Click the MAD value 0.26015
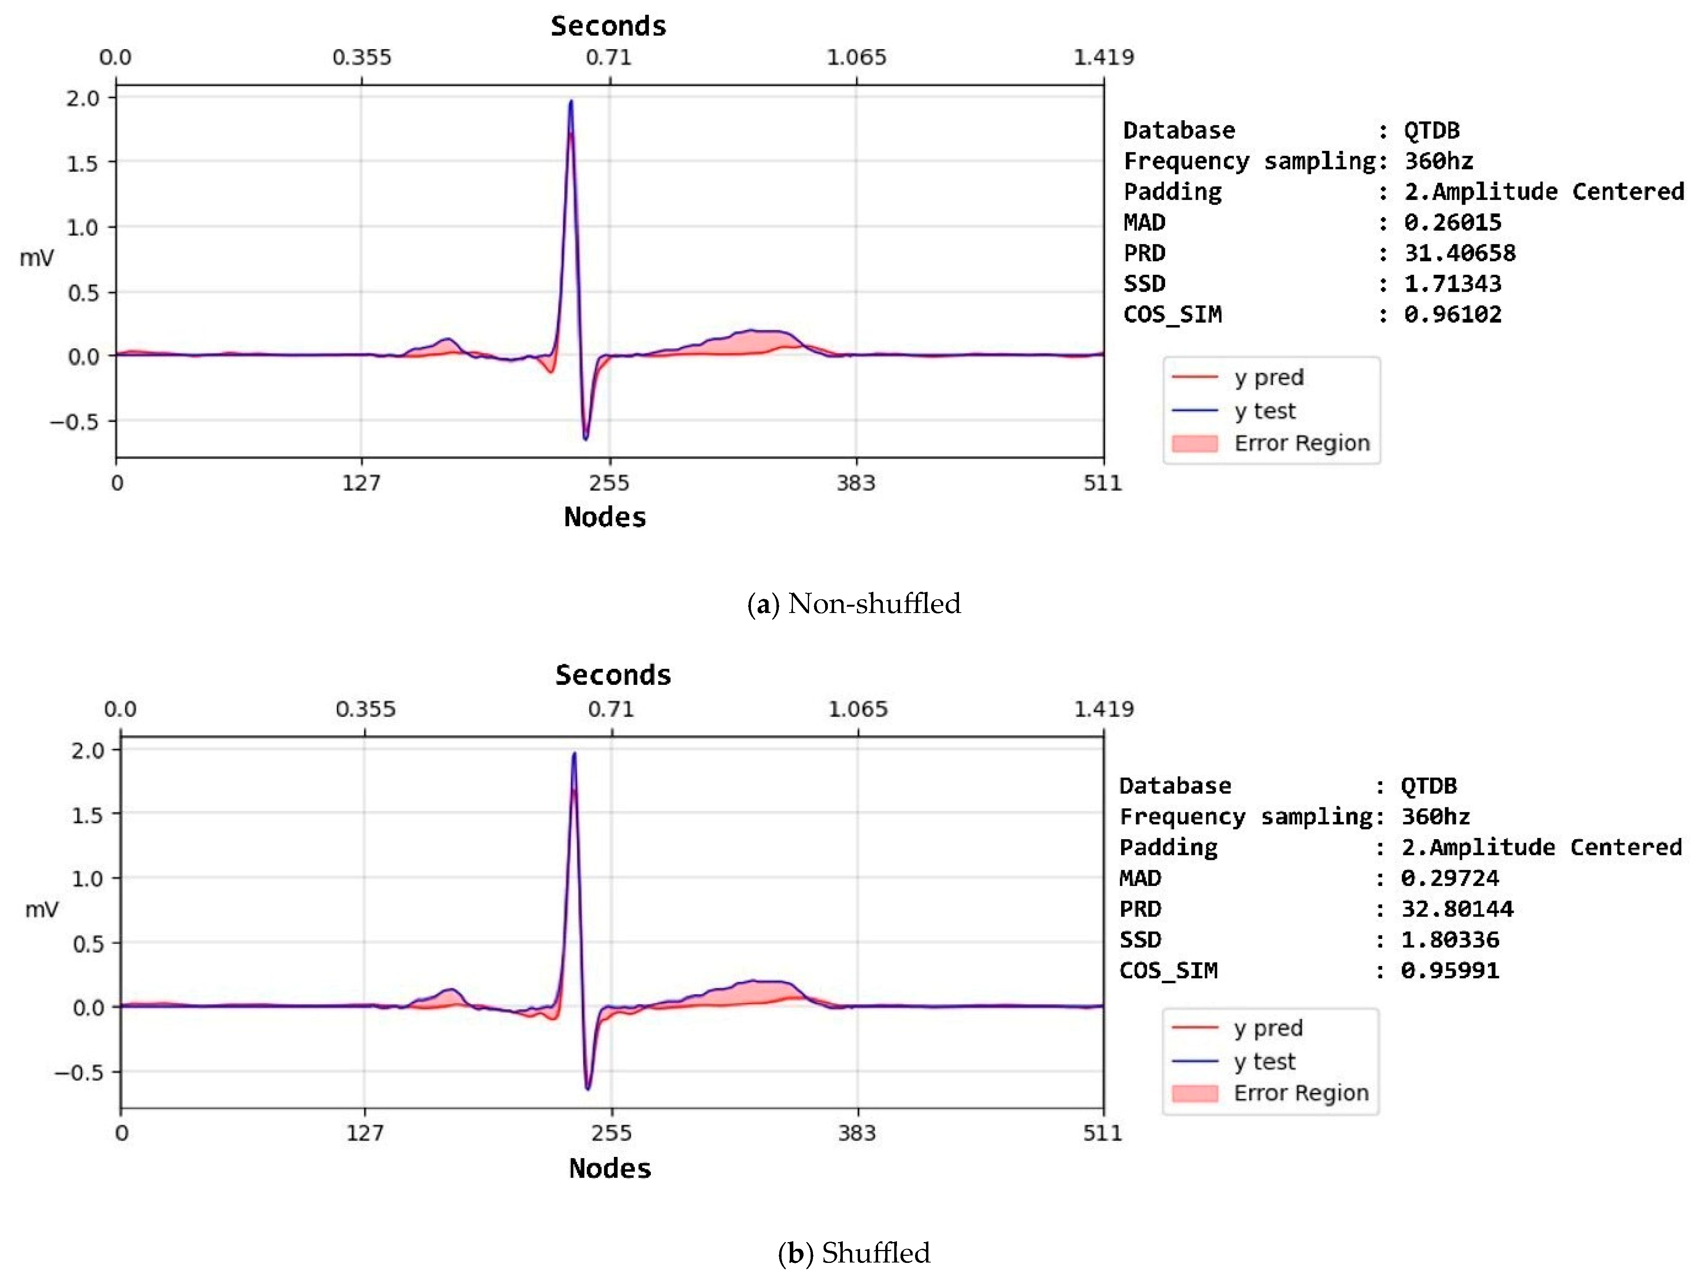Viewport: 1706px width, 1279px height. coord(1452,223)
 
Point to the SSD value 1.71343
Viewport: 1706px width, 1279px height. coord(1452,284)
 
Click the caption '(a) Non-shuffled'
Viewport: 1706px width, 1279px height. coord(854,603)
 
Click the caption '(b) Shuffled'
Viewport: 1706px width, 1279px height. coord(854,1253)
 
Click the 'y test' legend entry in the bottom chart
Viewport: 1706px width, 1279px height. coord(1265,1061)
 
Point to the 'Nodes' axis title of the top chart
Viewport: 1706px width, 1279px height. coord(605,517)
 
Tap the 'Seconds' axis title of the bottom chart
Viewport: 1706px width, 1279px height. coord(613,675)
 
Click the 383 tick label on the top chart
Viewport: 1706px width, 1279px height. coord(856,484)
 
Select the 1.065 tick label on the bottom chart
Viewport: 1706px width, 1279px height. coord(858,709)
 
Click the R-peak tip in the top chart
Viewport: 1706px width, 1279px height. coord(571,101)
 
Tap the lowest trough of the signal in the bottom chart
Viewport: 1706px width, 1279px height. coord(588,1089)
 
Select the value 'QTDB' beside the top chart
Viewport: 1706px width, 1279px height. coord(1432,130)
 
